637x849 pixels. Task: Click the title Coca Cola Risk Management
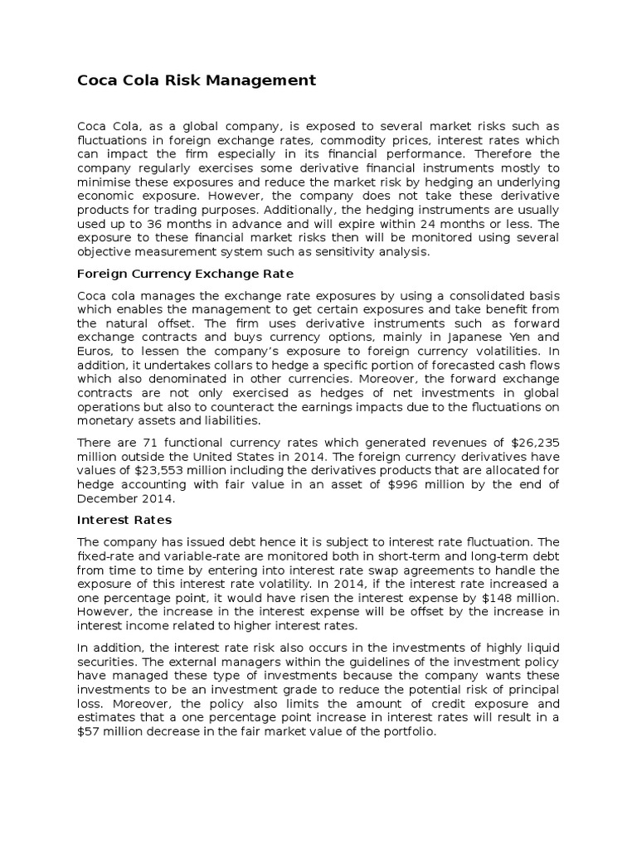pyautogui.click(x=197, y=80)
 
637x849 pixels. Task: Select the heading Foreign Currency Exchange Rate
pyautogui.click(x=185, y=274)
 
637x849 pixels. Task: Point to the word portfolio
pyautogui.click(x=407, y=732)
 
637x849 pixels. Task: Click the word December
pyautogui.click(x=104, y=498)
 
